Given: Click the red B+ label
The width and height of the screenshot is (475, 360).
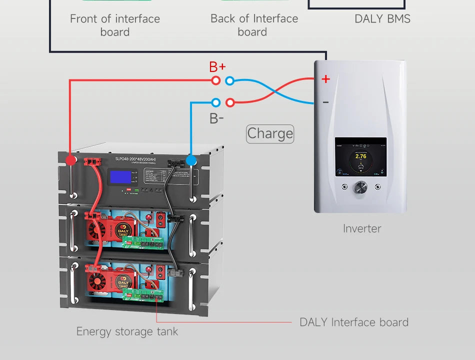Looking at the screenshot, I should coord(217,66).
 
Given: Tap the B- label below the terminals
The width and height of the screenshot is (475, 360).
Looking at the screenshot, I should coord(216,118).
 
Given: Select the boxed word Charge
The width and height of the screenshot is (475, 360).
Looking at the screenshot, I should coord(270,133).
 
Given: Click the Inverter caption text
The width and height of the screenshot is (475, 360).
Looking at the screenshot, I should coord(362,228).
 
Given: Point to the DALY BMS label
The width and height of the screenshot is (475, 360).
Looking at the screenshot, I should coord(382,19).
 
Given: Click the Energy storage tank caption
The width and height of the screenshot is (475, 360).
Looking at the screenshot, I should coord(127,331).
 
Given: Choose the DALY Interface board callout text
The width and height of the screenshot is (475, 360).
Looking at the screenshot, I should coord(354,322).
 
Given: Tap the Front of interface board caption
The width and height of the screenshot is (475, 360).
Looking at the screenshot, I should coord(115,25).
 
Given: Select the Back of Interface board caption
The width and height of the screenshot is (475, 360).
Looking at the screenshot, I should coord(254,25).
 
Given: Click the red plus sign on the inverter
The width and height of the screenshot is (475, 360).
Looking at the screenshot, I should coord(325,79).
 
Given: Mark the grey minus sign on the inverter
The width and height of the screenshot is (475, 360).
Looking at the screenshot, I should coord(325,102).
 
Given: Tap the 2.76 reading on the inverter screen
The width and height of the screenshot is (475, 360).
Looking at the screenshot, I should coord(360,156).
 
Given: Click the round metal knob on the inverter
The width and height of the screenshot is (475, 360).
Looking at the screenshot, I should coord(360,187).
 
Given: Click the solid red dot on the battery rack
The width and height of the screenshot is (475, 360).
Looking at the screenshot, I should coord(71,160).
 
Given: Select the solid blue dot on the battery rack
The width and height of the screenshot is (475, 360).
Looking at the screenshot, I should coord(191,160).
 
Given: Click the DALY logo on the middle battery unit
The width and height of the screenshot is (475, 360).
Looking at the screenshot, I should coord(123,230).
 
